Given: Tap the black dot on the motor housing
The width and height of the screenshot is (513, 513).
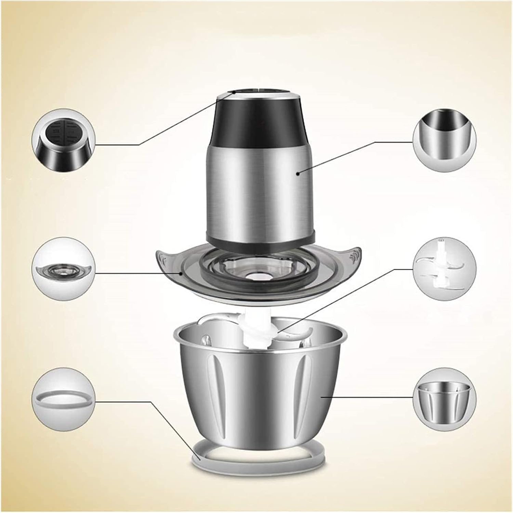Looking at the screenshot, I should pyautogui.click(x=298, y=174).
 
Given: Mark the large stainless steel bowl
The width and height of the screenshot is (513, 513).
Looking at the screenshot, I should pyautogui.click(x=260, y=387).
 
